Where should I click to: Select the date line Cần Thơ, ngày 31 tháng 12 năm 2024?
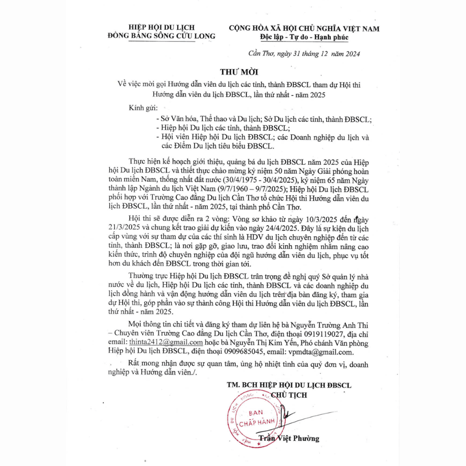[x=304, y=54]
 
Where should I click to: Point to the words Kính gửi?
[x=143, y=109]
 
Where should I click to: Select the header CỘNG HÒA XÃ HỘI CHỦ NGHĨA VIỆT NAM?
[x=304, y=28]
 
